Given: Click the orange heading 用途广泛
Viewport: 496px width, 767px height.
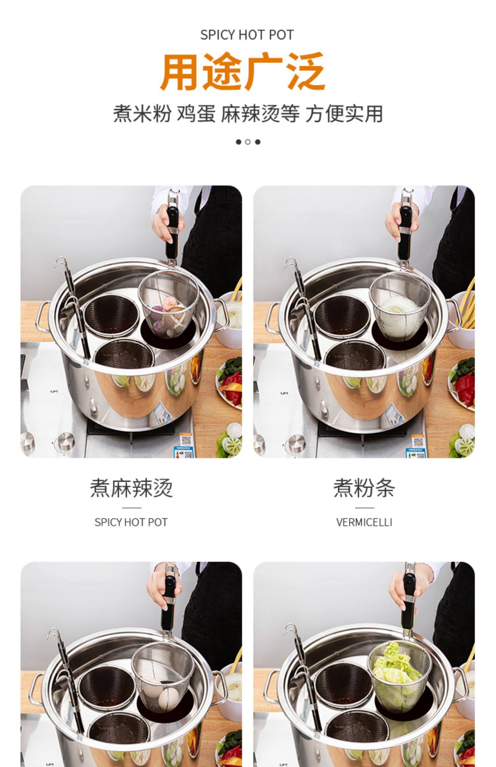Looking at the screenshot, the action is [x=243, y=72].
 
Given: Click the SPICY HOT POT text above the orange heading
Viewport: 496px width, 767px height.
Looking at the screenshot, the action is [x=247, y=35].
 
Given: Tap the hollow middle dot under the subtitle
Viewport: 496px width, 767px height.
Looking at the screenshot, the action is [x=248, y=142].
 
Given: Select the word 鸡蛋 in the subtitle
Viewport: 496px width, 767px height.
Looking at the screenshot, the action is [x=196, y=114].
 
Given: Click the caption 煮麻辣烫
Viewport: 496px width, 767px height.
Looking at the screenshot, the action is [x=131, y=488].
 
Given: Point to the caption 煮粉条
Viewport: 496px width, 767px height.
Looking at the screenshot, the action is [x=364, y=488].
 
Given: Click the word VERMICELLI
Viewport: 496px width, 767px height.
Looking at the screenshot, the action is [x=364, y=523].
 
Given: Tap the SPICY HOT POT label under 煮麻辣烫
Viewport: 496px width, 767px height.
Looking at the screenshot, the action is [x=131, y=523].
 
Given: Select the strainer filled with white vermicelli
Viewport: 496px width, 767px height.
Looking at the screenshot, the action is [x=401, y=306].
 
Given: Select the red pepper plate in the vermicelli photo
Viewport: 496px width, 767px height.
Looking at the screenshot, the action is [x=461, y=383].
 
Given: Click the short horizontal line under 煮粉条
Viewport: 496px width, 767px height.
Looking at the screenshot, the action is [x=364, y=508].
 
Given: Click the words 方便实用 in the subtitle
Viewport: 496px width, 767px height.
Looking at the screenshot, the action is [x=344, y=114].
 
